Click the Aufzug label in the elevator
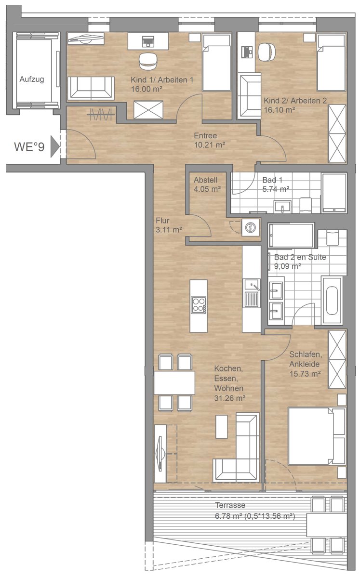[32, 79]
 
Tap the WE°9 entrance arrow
[55, 147]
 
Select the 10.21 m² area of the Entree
[210, 145]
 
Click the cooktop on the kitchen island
[199, 305]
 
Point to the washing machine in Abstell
[250, 227]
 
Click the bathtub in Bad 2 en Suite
[332, 301]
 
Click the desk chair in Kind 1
[148, 61]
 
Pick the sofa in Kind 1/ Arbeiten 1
[91, 88]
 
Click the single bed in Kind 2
[332, 63]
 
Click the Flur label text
[162, 221]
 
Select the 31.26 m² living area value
[229, 398]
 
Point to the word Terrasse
[230, 505]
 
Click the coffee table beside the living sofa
[222, 427]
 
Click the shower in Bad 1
[334, 193]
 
